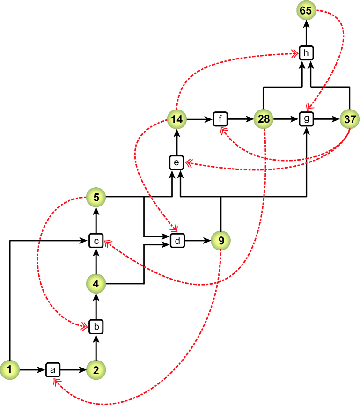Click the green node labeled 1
click(9, 370)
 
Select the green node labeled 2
click(96, 370)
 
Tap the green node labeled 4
click(96, 283)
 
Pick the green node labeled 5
click(96, 197)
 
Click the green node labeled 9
click(221, 241)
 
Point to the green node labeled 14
click(177, 119)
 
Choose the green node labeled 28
click(264, 119)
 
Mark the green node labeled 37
click(349, 119)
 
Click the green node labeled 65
click(306, 10)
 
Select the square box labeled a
click(52, 370)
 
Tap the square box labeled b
click(96, 327)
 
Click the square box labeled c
click(96, 241)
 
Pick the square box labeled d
click(177, 241)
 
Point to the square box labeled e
click(177, 162)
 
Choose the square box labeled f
click(220, 119)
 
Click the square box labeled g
click(306, 119)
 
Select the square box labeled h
click(306, 52)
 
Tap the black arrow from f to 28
click(241, 119)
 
